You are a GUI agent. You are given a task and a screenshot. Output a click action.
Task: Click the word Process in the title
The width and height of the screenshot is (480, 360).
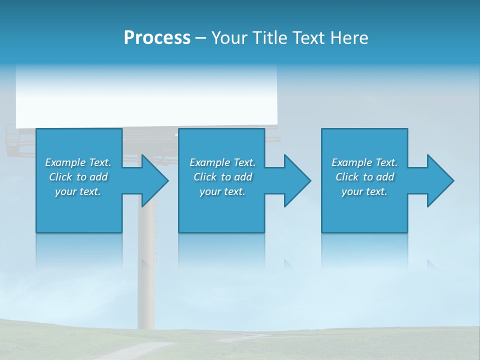pyautogui.click(x=157, y=38)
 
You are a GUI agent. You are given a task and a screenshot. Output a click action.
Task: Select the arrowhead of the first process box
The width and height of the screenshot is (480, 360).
pyautogui.click(x=153, y=180)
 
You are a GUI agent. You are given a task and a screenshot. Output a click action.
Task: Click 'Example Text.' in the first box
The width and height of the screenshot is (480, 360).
pyautogui.click(x=78, y=162)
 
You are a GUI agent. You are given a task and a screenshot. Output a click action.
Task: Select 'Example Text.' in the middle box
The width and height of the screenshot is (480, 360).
pyautogui.click(x=222, y=162)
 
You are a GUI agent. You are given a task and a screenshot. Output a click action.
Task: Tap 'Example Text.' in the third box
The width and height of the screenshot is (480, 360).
pyautogui.click(x=364, y=162)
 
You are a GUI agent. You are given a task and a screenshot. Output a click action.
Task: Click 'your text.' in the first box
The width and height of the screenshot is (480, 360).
pyautogui.click(x=78, y=191)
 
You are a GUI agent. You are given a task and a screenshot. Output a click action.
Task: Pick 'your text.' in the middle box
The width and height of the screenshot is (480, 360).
pyautogui.click(x=222, y=191)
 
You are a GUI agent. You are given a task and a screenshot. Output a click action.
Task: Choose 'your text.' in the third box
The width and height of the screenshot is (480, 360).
pyautogui.click(x=364, y=191)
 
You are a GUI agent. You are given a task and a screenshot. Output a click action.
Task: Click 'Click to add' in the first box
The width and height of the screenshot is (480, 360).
pyautogui.click(x=78, y=177)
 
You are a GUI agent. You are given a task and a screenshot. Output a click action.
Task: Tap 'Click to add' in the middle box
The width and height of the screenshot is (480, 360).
pyautogui.click(x=222, y=177)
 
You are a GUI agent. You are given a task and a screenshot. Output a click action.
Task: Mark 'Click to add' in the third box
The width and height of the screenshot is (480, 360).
pyautogui.click(x=364, y=177)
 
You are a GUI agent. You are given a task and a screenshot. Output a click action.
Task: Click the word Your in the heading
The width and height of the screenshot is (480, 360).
pyautogui.click(x=228, y=38)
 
